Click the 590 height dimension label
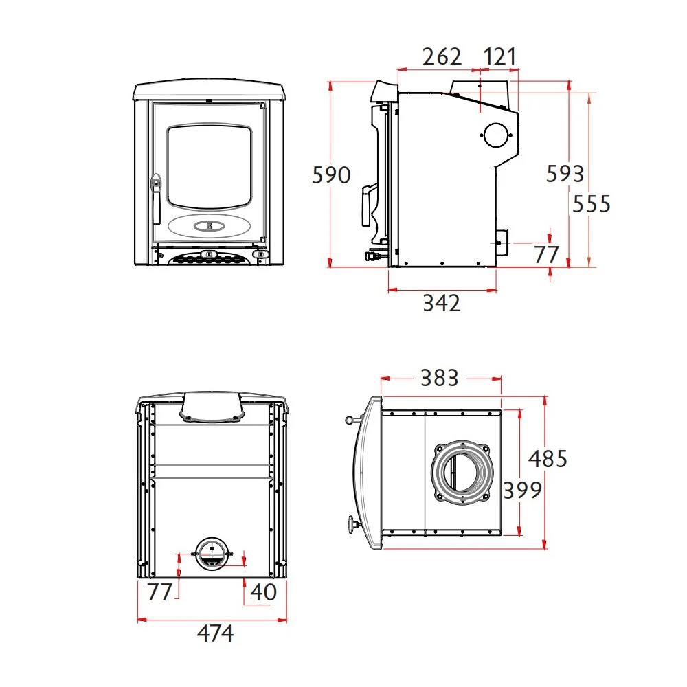click(331, 174)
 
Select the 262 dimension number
click(442, 56)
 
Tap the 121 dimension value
click(499, 56)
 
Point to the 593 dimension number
click(565, 174)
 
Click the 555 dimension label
click(592, 204)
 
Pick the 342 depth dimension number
click(442, 303)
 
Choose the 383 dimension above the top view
click(440, 378)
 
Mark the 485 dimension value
click(548, 459)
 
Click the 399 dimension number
click(522, 490)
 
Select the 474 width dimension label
click(215, 633)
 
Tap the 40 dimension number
click(263, 592)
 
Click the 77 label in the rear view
click(159, 592)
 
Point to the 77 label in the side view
click(546, 254)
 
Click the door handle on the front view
click(155, 199)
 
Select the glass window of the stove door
click(210, 167)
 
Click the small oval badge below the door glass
click(210, 226)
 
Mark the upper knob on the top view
click(349, 420)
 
